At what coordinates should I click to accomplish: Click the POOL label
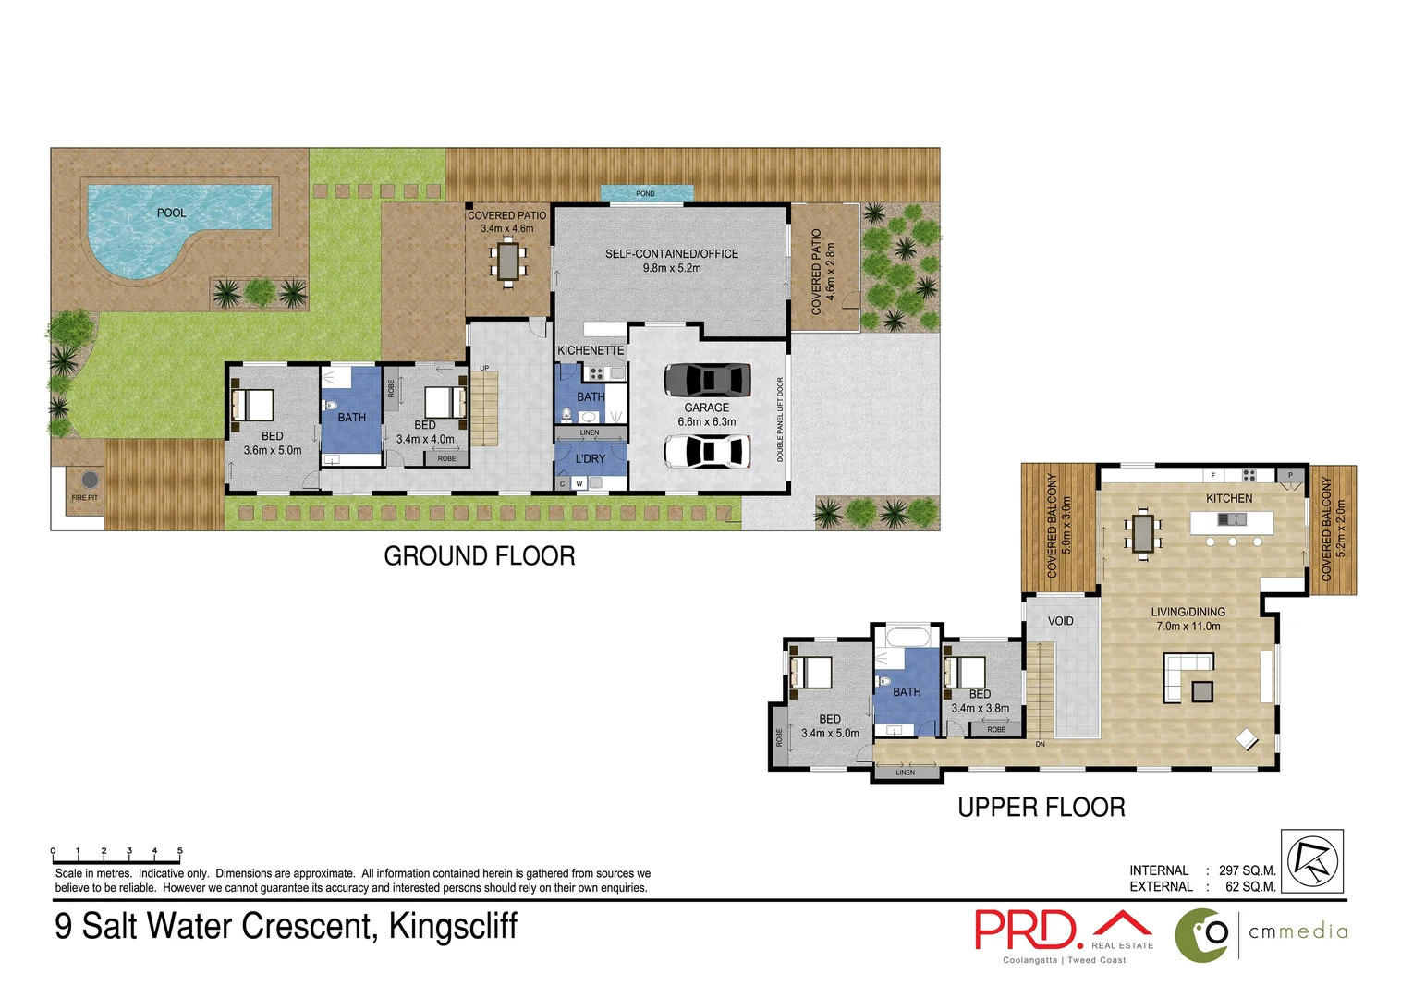171,213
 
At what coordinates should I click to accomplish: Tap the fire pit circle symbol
89,480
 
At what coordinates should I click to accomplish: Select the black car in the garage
707,379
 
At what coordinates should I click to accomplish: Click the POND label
645,194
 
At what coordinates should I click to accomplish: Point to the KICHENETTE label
591,350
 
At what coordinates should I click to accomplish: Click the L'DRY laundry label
591,458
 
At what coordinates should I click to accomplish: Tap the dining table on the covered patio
507,261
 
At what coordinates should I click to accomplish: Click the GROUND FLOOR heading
479,556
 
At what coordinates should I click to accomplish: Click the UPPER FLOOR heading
1041,808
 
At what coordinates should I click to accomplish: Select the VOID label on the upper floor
1060,621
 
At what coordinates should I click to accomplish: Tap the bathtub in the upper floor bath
907,637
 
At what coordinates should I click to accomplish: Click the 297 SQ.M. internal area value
1247,870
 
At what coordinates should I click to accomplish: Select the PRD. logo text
1028,931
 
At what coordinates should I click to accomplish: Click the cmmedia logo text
1297,931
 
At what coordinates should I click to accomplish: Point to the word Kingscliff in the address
453,926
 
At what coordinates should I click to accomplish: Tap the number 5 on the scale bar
179,851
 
